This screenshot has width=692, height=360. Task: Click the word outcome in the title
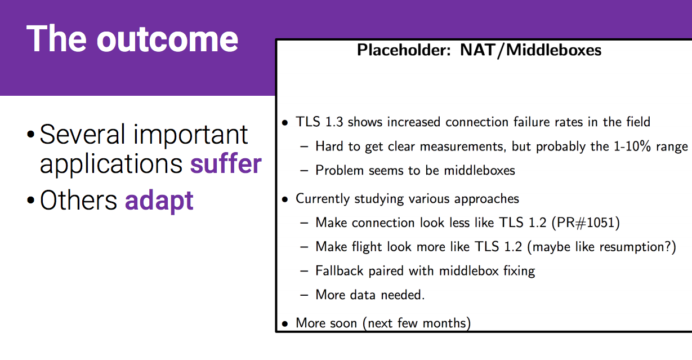pyautogui.click(x=167, y=39)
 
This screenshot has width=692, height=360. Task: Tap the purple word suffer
pyautogui.click(x=226, y=163)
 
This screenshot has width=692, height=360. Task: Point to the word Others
pyautogui.click(x=78, y=200)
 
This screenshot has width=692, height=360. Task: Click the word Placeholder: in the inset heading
pyautogui.click(x=404, y=50)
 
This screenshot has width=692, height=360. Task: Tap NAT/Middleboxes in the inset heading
pyautogui.click(x=531, y=50)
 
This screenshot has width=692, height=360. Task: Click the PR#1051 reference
pyautogui.click(x=586, y=223)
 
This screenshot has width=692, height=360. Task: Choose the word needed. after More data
pyautogui.click(x=403, y=295)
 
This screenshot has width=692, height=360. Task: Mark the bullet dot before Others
pyautogui.click(x=30, y=200)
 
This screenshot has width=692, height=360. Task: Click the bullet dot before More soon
pyautogui.click(x=285, y=324)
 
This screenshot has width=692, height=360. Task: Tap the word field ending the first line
pyautogui.click(x=639, y=122)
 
